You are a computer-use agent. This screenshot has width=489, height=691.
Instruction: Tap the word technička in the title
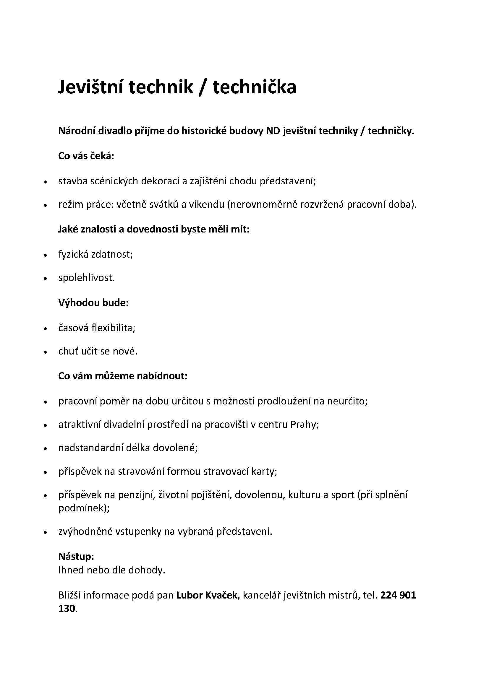point(255,87)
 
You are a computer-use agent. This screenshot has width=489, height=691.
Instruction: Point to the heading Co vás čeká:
point(86,156)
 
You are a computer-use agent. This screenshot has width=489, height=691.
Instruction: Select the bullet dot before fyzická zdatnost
point(45,255)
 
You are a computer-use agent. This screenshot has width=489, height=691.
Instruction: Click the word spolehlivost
point(86,277)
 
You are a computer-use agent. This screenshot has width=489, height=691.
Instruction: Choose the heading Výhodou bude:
point(93,303)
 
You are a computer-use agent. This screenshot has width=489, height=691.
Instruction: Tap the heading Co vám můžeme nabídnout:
point(123,376)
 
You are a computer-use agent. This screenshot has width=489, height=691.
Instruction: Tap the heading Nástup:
point(76,557)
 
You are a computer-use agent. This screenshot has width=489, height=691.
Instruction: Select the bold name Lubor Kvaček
point(207,595)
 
